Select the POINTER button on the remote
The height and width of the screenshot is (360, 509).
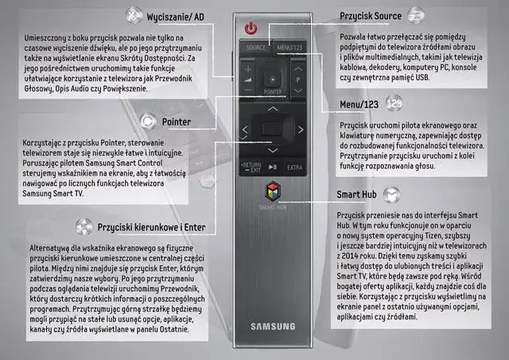pyautogui.click(x=272, y=80)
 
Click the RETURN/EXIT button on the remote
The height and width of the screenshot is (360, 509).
pyautogui.click(x=250, y=167)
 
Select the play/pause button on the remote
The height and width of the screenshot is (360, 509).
pyautogui.click(x=272, y=167)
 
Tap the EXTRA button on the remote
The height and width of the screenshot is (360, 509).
pyautogui.click(x=295, y=167)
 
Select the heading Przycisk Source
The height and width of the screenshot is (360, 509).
pyautogui.click(x=371, y=15)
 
